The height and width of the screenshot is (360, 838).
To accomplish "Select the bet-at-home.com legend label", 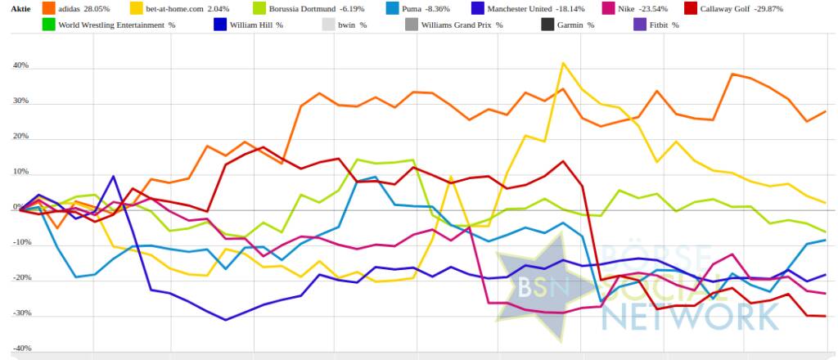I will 174,8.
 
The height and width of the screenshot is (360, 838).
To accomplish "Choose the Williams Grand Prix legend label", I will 461,25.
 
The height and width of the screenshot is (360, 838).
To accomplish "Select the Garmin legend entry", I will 570,25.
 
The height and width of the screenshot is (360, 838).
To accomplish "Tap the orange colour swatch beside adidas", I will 48,8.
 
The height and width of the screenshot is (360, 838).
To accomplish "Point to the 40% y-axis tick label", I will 20,65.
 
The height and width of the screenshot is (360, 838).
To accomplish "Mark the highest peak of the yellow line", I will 562,63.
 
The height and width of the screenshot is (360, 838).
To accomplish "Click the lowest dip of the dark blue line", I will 227,320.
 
